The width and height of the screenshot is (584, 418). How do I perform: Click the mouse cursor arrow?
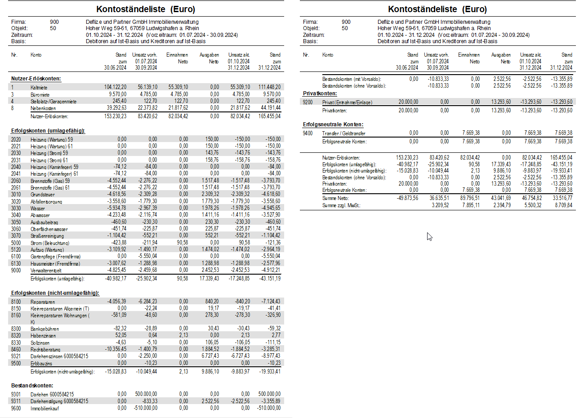[430, 236]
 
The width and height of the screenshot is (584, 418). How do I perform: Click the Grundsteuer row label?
[43, 195]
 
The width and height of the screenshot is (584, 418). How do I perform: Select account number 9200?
[308, 102]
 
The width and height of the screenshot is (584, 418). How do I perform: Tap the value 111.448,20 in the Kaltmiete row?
[270, 87]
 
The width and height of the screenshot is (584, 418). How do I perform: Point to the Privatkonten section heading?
[320, 93]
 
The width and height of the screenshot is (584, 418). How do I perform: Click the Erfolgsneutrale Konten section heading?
[333, 125]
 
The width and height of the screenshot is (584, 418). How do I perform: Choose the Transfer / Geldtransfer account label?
[343, 133]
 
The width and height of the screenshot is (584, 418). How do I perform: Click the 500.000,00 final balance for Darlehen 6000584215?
[270, 394]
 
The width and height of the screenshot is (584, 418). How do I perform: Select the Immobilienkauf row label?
[45, 409]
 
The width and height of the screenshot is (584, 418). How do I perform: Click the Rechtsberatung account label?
[45, 350]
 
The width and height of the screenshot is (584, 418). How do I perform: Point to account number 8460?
[16, 350]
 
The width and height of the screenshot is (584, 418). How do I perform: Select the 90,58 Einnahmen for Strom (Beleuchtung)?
[182, 243]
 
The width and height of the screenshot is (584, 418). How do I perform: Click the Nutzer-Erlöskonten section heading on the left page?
[36, 79]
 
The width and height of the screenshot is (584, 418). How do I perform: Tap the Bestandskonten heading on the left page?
[32, 386]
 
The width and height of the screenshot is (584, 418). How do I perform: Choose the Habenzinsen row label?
[43, 336]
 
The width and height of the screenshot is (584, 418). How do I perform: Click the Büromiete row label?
[40, 94]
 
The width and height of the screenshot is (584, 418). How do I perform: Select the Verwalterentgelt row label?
[46, 271]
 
